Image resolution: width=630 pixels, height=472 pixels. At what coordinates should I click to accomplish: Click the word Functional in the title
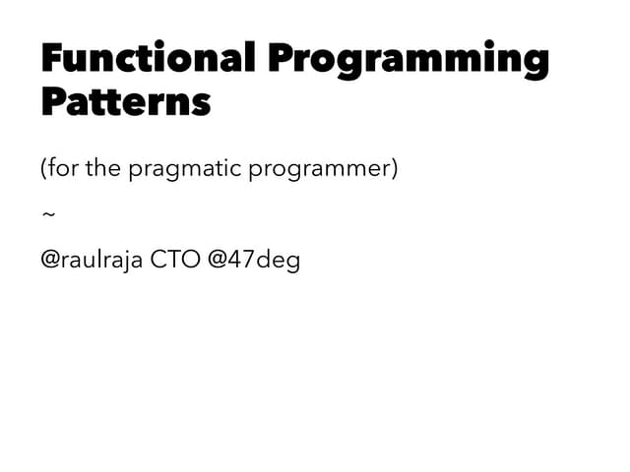(147, 58)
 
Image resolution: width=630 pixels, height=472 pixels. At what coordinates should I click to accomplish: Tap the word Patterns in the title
(126, 101)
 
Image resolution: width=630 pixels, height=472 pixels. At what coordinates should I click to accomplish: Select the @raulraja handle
(92, 262)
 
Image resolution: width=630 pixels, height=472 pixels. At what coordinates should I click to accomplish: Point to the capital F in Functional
(52, 58)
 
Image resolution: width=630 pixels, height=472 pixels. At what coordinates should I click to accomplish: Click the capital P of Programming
(283, 58)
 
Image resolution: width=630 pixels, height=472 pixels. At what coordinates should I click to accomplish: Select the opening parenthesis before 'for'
(44, 169)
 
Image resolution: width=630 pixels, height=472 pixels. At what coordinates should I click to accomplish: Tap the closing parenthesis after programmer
(395, 169)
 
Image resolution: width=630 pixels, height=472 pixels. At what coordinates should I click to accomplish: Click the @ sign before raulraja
(50, 262)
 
